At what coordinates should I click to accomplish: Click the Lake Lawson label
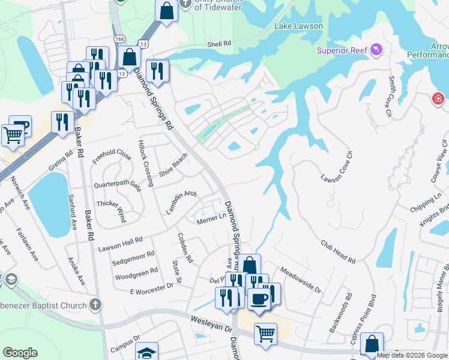point(298,26)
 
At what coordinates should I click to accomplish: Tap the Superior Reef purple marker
point(377,49)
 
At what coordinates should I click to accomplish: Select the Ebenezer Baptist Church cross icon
point(95,305)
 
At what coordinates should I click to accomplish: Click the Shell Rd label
point(219,44)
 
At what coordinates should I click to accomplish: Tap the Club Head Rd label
point(338,253)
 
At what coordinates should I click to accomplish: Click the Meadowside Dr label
point(300,279)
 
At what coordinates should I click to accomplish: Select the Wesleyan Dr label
point(211,325)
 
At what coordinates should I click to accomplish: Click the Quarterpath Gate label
point(118,185)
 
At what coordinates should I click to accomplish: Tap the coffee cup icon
point(259,298)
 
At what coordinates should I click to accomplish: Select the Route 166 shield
point(121,38)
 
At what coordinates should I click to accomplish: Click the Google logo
point(20,352)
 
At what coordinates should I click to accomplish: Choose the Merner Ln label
point(210,221)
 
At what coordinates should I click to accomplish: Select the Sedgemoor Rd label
point(133,258)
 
